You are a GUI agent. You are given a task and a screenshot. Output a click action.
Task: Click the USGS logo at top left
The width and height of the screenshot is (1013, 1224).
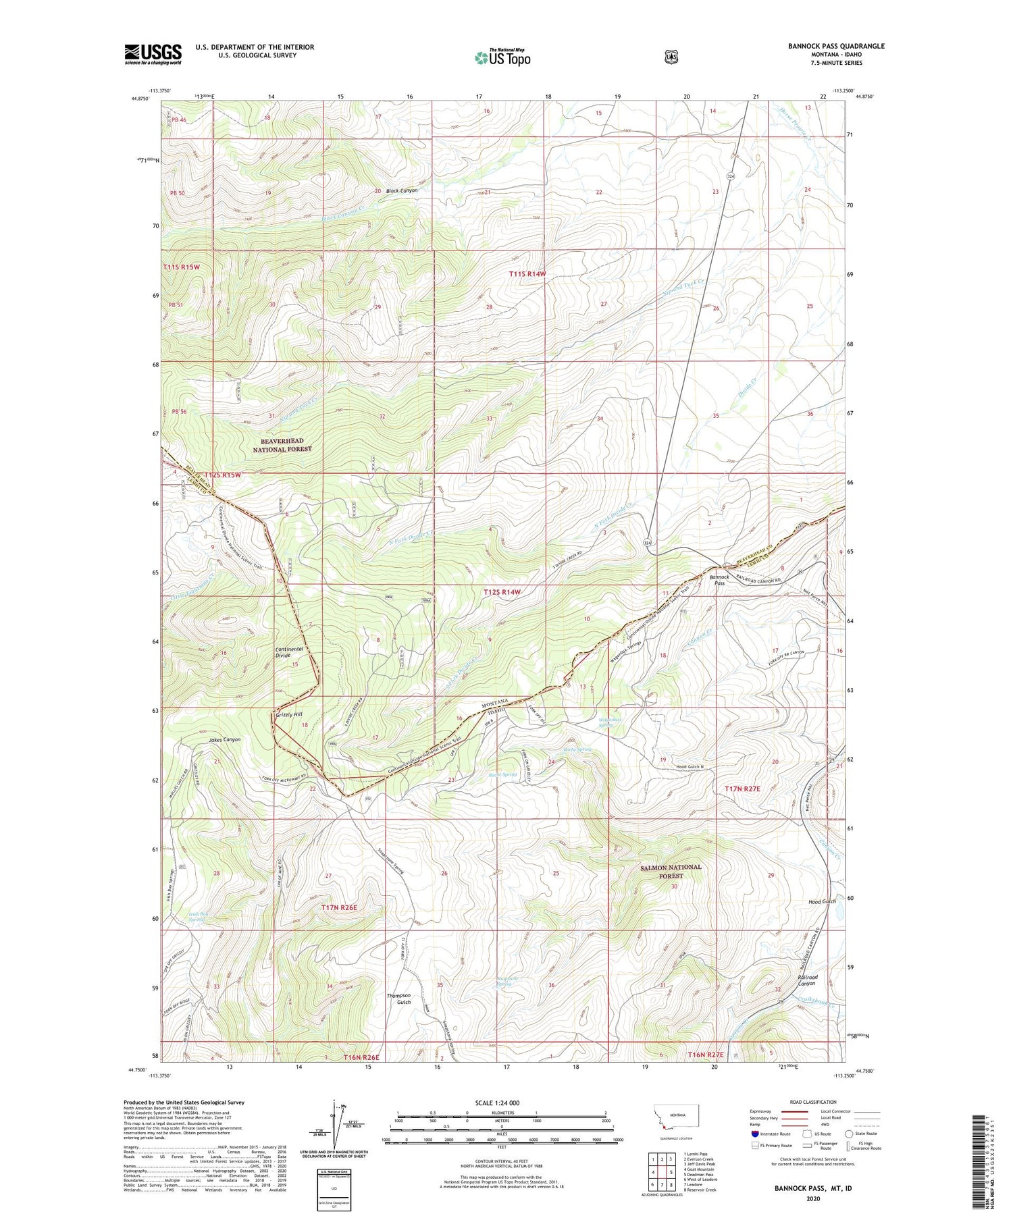point(153,54)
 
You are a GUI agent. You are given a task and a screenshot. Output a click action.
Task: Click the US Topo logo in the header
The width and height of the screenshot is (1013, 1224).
point(502,57)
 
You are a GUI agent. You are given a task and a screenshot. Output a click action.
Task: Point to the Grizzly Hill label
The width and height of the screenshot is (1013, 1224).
point(289,714)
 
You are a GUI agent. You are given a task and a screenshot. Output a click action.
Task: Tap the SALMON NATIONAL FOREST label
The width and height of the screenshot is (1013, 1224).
point(671,871)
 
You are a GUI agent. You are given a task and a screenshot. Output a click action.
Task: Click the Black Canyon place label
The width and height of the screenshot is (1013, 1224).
point(400,190)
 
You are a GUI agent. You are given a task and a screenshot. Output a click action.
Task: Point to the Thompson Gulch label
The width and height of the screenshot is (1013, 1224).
point(398,999)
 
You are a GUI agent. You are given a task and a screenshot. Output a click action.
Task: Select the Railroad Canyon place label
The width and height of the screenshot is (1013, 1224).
point(808,980)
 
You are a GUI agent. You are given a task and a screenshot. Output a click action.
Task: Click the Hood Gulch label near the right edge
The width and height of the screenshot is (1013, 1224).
point(822,901)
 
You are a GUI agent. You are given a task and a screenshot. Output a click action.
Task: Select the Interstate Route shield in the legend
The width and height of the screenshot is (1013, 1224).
point(755,1134)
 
